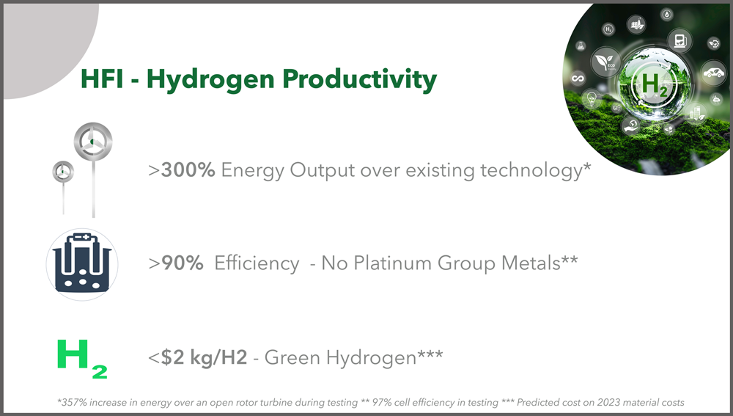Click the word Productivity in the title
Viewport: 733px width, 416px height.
pos(359,79)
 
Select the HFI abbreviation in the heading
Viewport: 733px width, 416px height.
pos(102,79)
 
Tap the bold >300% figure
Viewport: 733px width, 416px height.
pos(181,170)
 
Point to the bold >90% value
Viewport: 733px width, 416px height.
pos(176,263)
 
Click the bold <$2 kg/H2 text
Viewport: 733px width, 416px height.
pos(198,357)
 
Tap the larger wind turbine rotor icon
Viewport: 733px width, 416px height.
pos(93,141)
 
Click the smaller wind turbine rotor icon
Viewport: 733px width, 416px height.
pos(63,172)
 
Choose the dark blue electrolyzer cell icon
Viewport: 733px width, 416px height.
pos(82,264)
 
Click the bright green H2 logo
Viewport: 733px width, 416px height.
pos(82,359)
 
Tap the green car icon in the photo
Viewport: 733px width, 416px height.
pos(714,73)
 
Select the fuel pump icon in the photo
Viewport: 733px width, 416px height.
pos(679,40)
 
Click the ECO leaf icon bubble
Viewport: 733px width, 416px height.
pos(606,62)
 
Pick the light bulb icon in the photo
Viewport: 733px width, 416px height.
pos(592,99)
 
